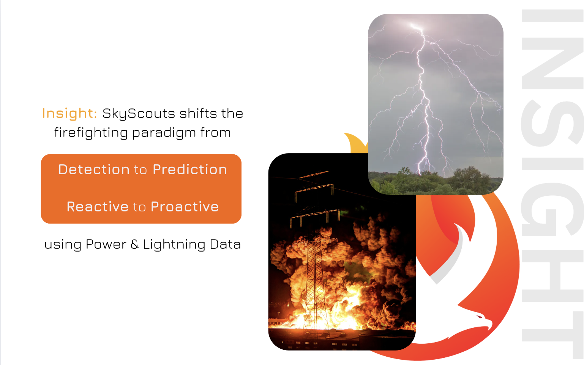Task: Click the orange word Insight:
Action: tap(69, 113)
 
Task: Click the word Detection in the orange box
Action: tap(94, 170)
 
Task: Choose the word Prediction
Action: tap(190, 170)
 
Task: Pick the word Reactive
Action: tap(98, 207)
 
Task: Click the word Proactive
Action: tap(185, 207)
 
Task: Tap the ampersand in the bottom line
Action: tap(134, 244)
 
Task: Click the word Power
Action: tap(106, 244)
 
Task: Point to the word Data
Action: tap(225, 244)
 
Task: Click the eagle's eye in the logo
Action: tap(480, 317)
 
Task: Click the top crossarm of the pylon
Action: tap(313, 175)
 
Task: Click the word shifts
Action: tap(198, 113)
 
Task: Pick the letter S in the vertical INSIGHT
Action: tap(552, 123)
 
